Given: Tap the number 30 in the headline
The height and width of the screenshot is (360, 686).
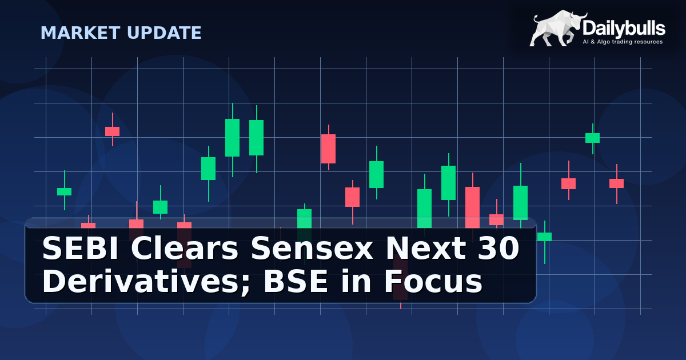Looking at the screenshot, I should [x=499, y=250].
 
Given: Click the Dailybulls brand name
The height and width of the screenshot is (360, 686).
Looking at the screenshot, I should [x=624, y=27].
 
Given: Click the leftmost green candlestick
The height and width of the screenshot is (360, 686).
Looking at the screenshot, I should [x=64, y=191].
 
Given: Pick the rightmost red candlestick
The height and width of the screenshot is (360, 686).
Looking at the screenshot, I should [x=616, y=183].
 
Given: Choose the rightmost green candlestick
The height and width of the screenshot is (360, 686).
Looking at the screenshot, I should [x=592, y=138].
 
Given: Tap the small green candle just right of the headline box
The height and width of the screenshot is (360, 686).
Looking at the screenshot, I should [x=545, y=237].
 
